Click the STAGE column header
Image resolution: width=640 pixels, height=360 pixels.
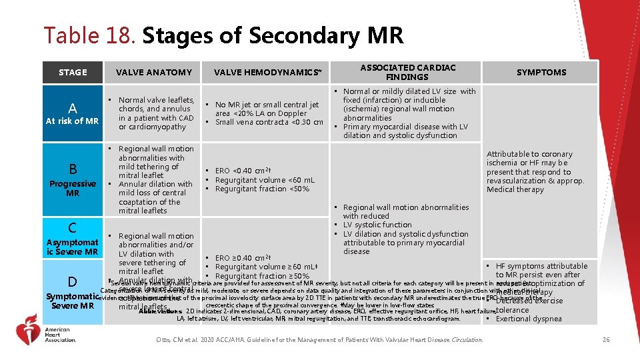tap(73, 72)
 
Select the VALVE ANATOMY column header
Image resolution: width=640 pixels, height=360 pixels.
tap(153, 72)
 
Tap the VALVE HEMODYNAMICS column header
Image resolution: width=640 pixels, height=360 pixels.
tap(267, 72)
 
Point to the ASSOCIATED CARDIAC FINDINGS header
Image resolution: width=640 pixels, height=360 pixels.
tap(408, 72)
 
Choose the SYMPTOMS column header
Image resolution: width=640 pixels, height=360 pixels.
tap(541, 72)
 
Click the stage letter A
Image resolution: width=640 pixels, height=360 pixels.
tap(73, 108)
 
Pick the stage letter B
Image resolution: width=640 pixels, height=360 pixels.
tap(73, 169)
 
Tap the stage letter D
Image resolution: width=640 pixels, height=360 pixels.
tap(73, 281)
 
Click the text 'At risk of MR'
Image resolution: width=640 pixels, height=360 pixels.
tap(73, 121)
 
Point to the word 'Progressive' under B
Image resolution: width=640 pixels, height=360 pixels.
tap(73, 184)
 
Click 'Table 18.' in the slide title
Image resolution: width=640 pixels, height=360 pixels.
tap(90, 35)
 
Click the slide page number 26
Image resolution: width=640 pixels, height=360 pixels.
tap(606, 340)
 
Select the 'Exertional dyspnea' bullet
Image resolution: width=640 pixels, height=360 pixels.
tap(529, 319)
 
